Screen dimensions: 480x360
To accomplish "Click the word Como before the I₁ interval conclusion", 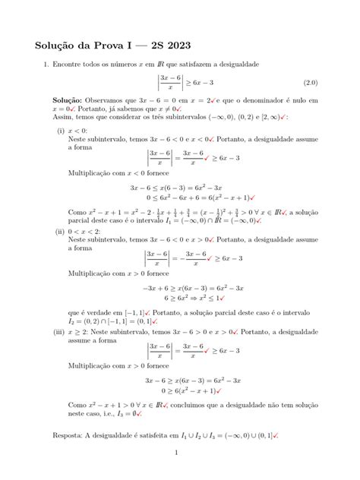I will (x=78, y=214).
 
